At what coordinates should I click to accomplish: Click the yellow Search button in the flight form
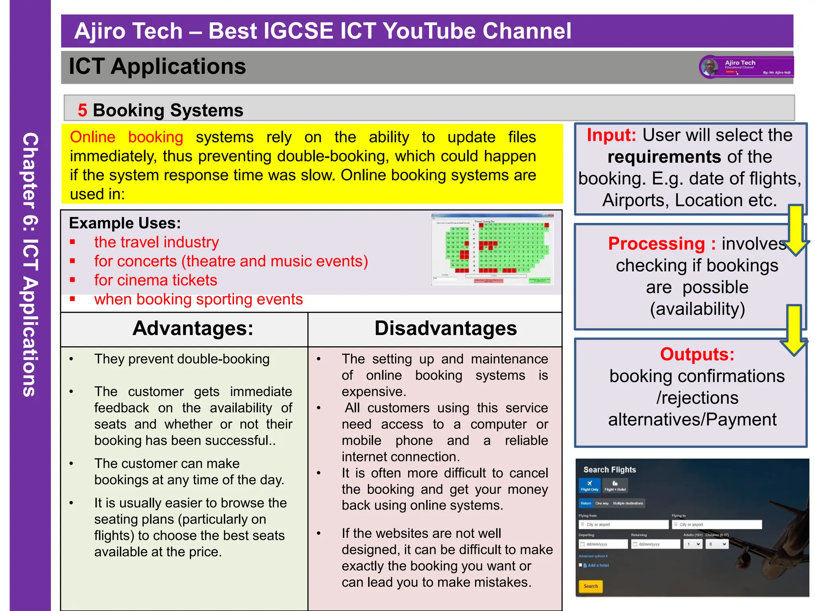591,586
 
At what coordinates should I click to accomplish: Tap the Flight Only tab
589,486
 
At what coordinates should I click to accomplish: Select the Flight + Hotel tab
615,486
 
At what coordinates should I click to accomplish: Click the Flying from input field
624,525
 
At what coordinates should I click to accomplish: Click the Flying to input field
717,525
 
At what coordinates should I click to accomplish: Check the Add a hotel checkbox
581,565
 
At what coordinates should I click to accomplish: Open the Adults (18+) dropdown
693,544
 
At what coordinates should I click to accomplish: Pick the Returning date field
655,544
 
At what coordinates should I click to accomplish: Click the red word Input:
611,135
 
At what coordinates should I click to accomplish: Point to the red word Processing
656,243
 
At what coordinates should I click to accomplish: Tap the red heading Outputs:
697,354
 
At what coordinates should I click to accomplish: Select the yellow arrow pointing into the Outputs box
794,330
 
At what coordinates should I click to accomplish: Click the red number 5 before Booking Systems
82,110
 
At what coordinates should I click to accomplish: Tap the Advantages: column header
193,329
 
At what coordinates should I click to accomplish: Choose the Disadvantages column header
445,329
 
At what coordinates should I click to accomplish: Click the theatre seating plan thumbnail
492,249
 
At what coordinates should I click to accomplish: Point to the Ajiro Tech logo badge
746,67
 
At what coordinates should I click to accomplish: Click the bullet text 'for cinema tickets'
156,280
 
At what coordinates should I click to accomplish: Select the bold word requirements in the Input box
664,157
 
